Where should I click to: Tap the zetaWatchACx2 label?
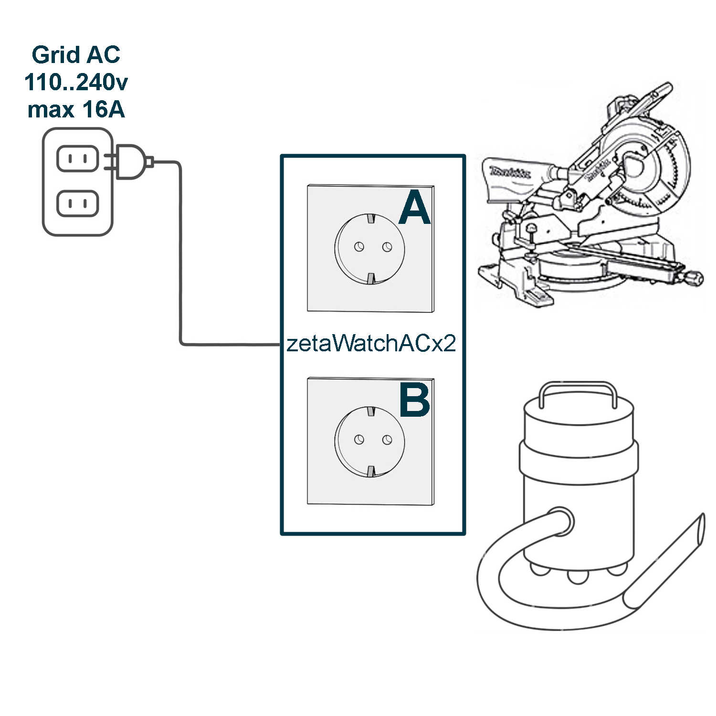pos(371,343)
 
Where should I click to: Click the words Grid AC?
pos(76,54)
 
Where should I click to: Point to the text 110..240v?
pos(76,82)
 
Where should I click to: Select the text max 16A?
pos(76,109)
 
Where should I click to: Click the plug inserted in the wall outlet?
pos(130,162)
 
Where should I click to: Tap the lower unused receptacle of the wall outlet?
pos(77,204)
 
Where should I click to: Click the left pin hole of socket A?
pos(359,246)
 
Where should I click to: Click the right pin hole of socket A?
pos(387,246)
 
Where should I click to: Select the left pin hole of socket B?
pos(359,439)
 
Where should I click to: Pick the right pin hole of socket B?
pos(387,439)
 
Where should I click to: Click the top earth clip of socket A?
pos(371,219)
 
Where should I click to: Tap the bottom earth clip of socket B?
pos(371,472)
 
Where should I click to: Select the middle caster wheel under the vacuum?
pos(577,577)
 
